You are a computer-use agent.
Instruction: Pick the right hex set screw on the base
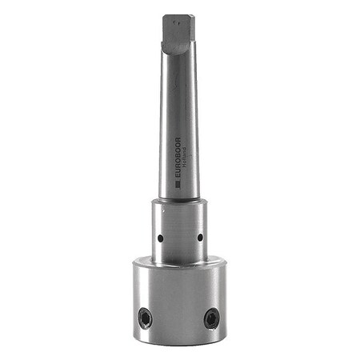[x=210, y=318]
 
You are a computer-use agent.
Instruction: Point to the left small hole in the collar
[x=160, y=238]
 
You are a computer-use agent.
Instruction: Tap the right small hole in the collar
[x=199, y=237]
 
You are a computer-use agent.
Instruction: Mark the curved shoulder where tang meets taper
[x=178, y=50]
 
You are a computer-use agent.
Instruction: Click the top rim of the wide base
[x=179, y=261]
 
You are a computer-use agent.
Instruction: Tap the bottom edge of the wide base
[x=179, y=343]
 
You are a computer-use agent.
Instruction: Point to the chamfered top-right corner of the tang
[x=193, y=17]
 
